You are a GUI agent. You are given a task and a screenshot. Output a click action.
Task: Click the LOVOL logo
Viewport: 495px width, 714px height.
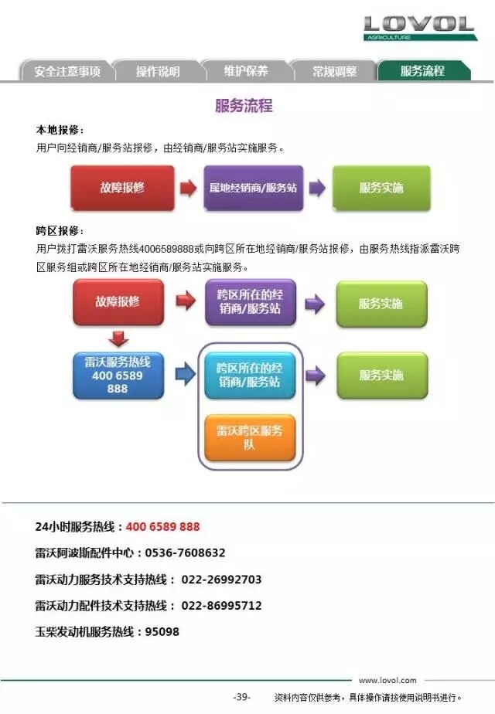coord(420,28)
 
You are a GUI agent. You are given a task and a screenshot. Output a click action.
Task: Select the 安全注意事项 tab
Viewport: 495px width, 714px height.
coord(67,71)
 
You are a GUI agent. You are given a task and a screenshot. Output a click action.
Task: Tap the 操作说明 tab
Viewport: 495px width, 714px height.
coord(158,71)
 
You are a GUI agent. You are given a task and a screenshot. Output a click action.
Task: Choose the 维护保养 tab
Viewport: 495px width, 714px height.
coord(246,71)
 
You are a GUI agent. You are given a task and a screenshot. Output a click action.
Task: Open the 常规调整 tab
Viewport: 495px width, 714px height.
coord(335,71)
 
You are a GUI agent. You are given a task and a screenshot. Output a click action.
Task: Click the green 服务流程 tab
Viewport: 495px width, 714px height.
coord(423,70)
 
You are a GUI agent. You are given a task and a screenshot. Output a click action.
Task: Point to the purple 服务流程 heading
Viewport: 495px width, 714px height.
coord(244,106)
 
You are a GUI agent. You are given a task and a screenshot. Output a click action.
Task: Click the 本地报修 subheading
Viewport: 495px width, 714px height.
coord(60,131)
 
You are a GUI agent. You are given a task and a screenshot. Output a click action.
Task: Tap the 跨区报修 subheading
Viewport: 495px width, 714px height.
coord(60,230)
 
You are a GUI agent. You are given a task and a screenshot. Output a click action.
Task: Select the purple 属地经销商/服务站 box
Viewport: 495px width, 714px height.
coord(254,188)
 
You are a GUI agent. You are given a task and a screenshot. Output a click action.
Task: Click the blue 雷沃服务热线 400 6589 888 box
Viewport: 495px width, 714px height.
coord(118,376)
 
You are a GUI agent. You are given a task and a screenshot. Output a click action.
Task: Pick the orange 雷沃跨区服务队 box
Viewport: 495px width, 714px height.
coord(250,437)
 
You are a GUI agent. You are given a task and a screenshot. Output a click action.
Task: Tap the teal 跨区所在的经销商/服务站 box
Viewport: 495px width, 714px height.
coord(250,376)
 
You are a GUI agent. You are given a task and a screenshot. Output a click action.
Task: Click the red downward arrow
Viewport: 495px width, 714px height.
coord(118,338)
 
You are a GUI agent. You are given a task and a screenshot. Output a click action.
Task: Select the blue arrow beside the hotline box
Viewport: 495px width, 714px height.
coord(185,374)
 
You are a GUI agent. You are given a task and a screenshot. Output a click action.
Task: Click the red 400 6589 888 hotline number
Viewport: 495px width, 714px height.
coord(162,526)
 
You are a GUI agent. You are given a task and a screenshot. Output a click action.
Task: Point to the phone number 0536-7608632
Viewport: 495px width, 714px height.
coord(185,552)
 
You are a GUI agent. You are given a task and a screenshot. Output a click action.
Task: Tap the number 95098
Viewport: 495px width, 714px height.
coord(162,631)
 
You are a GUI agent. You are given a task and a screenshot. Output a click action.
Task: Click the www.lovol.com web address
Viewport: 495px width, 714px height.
coord(387,680)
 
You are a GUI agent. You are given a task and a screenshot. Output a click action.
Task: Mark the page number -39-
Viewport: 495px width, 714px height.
coord(241,697)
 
